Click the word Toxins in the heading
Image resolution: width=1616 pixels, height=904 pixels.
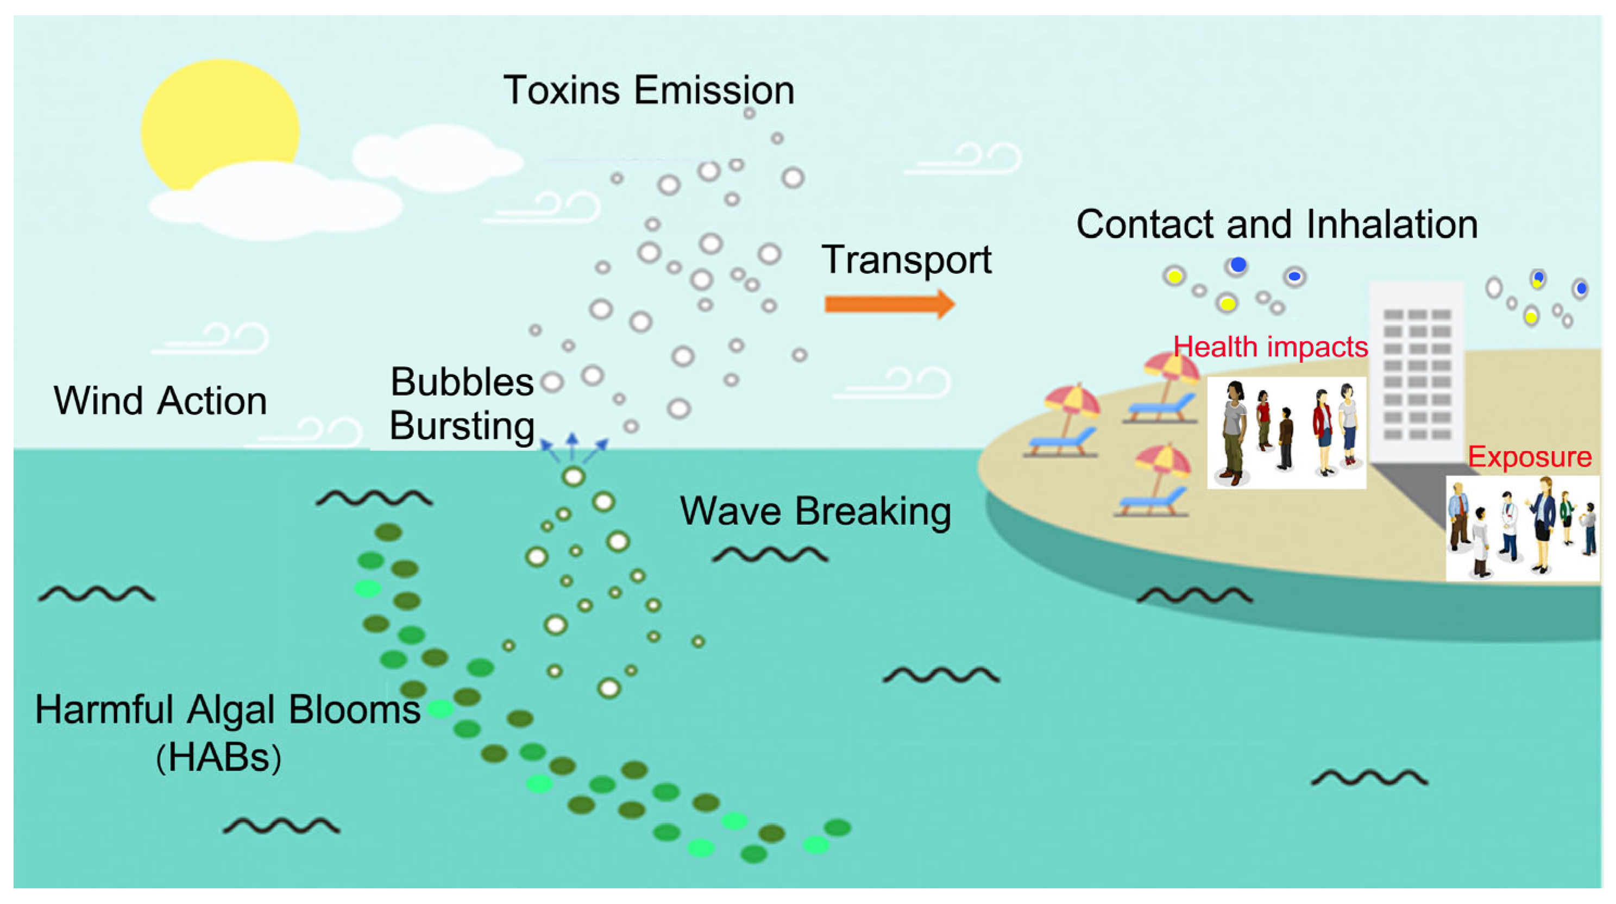click(x=562, y=90)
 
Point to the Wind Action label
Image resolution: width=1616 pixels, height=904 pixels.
click(x=160, y=400)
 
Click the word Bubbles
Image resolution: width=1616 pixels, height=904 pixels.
click(x=462, y=381)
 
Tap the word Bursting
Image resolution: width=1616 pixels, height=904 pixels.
click(x=462, y=425)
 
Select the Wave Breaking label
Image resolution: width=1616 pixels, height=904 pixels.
click(x=815, y=511)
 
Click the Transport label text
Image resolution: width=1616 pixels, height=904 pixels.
click(x=907, y=259)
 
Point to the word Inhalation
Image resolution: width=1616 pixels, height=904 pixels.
click(x=1392, y=224)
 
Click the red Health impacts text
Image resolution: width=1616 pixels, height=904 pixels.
click(x=1271, y=346)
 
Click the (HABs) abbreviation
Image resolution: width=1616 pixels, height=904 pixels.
click(x=218, y=757)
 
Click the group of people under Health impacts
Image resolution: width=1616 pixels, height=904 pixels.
click(x=1286, y=433)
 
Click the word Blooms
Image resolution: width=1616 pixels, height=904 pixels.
click(x=355, y=710)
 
